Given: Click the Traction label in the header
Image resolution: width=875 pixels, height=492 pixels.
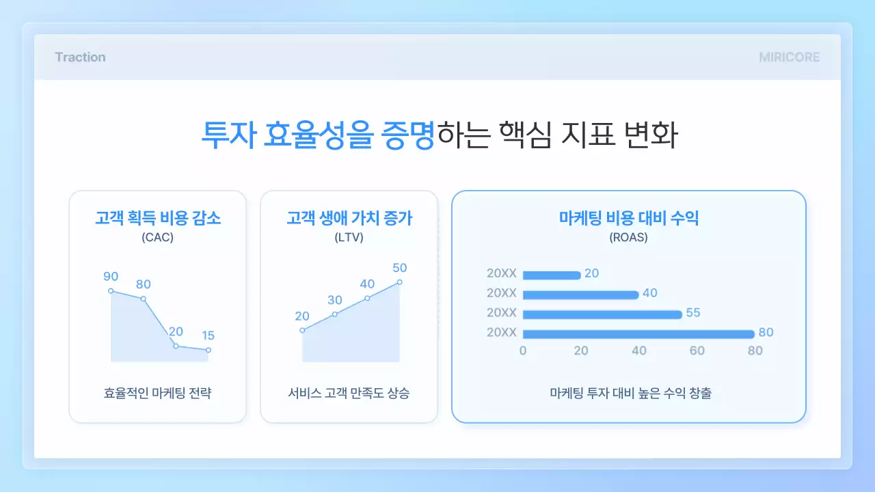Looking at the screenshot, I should click(80, 57).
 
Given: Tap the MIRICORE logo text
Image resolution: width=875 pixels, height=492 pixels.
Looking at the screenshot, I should click(789, 57).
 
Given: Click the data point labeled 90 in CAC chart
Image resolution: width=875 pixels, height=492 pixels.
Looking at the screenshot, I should click(111, 291).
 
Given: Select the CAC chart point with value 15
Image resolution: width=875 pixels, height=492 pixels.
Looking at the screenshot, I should click(208, 350).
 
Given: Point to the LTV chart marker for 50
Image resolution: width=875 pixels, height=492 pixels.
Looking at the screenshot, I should click(400, 282).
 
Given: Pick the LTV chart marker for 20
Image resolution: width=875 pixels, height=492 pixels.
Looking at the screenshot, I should click(302, 331).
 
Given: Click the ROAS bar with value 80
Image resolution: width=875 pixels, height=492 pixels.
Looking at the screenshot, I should click(638, 334).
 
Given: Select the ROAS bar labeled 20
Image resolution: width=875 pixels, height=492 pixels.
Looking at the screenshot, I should click(552, 275).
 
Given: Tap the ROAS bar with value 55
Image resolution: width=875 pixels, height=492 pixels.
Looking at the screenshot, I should click(602, 314).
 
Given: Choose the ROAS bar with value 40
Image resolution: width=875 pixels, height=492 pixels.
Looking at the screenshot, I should click(580, 295).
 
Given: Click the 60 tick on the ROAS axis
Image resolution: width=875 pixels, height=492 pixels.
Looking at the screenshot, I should click(697, 351).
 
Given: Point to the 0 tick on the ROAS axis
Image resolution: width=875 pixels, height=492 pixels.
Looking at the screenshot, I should click(523, 351).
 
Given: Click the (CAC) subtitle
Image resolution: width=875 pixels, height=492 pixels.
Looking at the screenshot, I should click(157, 238).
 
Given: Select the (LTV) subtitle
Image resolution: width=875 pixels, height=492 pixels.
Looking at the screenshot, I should click(349, 238).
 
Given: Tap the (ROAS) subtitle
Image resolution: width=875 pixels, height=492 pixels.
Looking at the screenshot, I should click(628, 238).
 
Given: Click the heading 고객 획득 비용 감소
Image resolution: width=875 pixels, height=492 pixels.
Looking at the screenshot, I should click(157, 219).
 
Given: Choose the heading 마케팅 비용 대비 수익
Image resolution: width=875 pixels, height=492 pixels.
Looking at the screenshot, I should click(628, 219).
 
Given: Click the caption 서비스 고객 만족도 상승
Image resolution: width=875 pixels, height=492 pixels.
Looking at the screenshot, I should click(349, 394).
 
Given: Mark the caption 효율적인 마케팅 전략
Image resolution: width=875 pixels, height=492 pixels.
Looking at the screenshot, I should click(157, 394).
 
